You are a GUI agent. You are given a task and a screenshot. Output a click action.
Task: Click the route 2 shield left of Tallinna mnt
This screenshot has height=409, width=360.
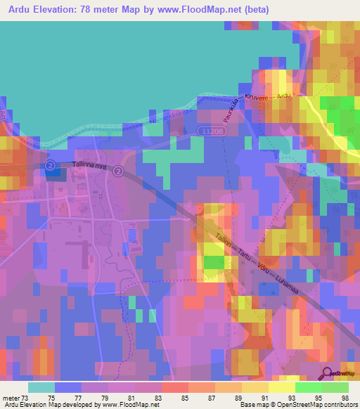(50, 165)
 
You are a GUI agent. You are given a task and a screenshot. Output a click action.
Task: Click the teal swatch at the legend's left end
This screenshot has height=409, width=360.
(41, 387)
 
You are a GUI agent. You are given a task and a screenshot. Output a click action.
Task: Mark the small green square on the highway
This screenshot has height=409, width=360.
(213, 262)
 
